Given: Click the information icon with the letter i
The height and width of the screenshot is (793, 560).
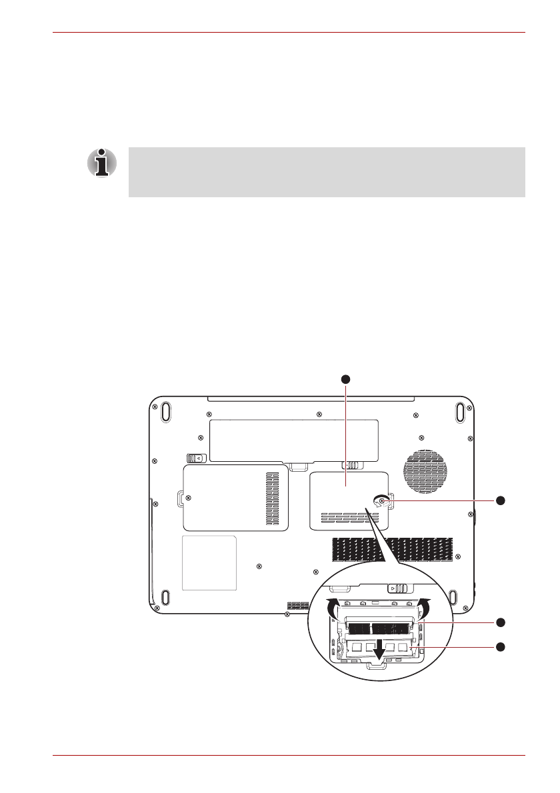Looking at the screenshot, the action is tap(101, 163).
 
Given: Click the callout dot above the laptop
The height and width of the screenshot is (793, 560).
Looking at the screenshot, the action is tap(345, 379).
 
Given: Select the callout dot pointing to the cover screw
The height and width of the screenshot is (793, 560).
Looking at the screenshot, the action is tap(501, 500).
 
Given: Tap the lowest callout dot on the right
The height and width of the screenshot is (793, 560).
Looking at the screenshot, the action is tap(501, 646).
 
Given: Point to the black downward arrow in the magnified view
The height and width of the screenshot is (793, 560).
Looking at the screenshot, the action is tap(379, 650).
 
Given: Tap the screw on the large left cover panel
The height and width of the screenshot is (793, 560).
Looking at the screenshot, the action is tap(189, 497).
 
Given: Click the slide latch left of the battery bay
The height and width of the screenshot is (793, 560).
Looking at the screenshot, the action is tap(196, 458).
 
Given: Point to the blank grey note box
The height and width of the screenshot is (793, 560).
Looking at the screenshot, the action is tap(327, 172).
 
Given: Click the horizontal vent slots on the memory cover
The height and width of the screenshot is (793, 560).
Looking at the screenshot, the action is tap(344, 516).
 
